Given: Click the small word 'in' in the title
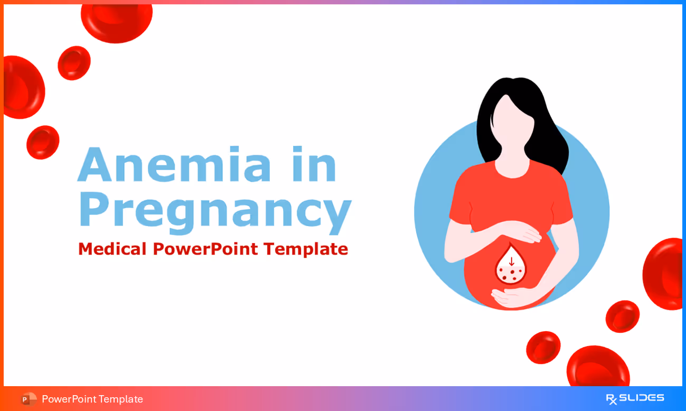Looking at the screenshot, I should (319, 165).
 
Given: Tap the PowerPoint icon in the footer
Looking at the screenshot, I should (29, 399).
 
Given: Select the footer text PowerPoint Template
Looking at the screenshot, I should (92, 399).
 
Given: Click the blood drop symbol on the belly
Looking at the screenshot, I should (511, 266).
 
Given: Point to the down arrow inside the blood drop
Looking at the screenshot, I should (511, 261).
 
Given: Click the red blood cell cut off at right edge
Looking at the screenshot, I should (664, 274).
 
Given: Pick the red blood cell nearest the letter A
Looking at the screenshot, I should (43, 142).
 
